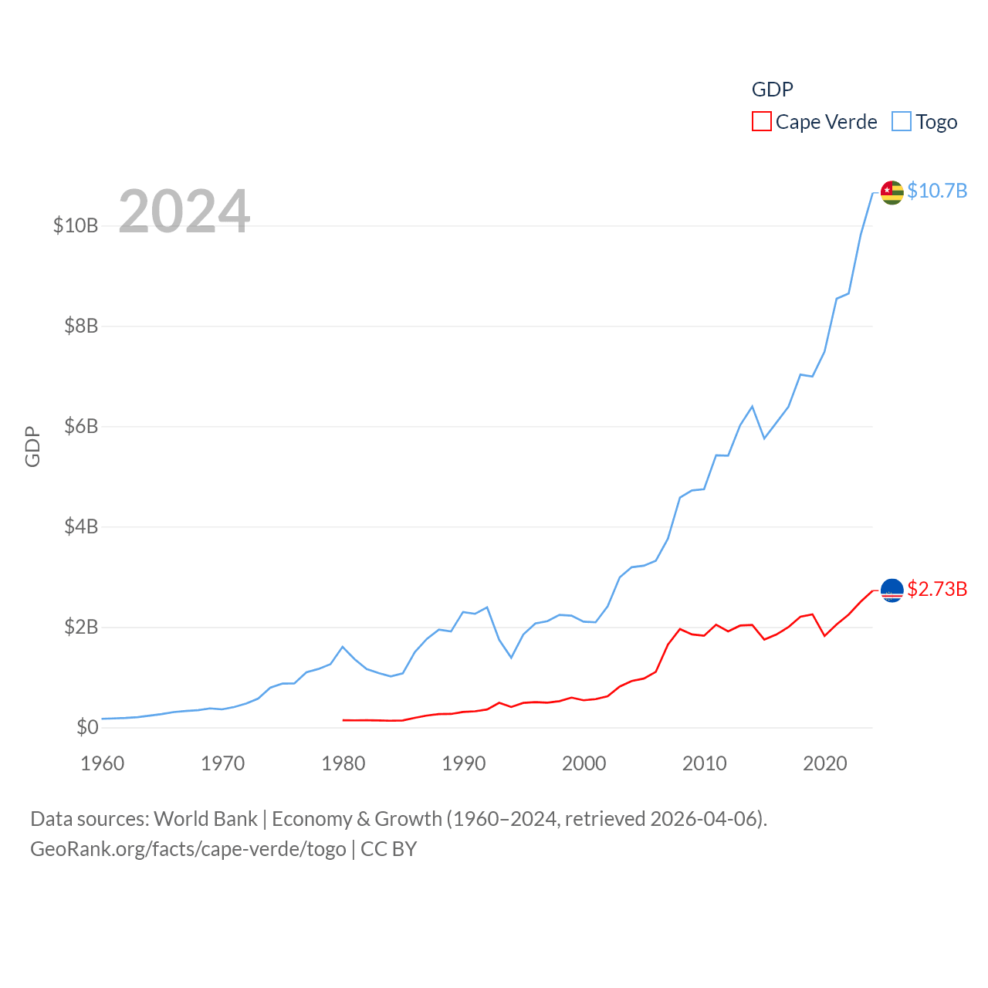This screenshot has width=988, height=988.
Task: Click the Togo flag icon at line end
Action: click(x=892, y=192)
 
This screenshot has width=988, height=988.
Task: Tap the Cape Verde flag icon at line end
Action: click(x=892, y=590)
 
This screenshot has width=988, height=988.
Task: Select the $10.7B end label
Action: click(x=937, y=191)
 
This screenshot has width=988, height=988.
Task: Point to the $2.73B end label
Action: click(x=937, y=589)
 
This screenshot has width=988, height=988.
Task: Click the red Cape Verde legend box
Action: click(x=762, y=122)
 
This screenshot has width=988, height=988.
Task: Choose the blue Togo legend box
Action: click(x=902, y=122)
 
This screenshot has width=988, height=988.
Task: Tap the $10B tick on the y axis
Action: click(x=76, y=225)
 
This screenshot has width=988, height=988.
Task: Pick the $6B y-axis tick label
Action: click(x=81, y=426)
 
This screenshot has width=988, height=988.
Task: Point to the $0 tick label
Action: click(x=87, y=727)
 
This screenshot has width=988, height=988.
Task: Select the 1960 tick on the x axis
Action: click(x=103, y=763)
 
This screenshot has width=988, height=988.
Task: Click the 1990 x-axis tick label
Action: click(x=464, y=763)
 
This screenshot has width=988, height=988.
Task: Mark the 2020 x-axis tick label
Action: click(x=825, y=763)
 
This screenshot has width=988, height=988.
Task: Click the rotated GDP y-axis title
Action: click(x=32, y=446)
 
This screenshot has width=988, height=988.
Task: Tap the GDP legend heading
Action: click(x=772, y=90)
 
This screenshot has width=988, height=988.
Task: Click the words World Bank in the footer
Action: click(x=205, y=818)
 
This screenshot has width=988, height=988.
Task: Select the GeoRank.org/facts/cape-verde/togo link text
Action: click(x=188, y=849)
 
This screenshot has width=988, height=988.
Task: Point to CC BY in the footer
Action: click(x=389, y=849)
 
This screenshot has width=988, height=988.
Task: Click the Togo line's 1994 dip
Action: click(x=511, y=658)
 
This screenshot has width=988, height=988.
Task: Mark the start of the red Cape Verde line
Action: click(x=343, y=720)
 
